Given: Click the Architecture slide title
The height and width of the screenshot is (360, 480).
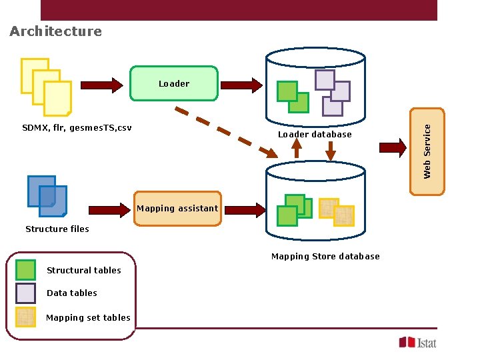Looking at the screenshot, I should (56, 31).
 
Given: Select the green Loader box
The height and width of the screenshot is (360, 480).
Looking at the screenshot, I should (174, 83).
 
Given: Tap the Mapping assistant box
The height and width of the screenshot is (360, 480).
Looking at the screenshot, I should (177, 209).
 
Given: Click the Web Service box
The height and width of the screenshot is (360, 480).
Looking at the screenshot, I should (427, 151).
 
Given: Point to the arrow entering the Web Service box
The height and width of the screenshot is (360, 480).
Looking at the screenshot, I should (393, 147).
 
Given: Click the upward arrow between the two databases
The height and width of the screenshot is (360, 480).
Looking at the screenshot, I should (297, 150).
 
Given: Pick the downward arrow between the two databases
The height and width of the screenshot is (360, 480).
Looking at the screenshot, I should (331, 151).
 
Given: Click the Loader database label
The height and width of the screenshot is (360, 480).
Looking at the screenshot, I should (315, 135).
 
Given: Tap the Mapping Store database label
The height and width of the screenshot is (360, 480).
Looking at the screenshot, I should (325, 257).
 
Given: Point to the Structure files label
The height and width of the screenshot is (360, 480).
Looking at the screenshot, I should (57, 229).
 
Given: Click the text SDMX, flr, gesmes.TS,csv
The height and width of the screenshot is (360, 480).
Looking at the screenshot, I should (77, 128).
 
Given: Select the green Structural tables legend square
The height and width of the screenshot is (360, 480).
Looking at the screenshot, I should (25, 269).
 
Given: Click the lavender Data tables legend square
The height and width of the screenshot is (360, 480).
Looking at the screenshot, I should (25, 293).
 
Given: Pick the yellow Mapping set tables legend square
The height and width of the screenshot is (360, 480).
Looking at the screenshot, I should (25, 317).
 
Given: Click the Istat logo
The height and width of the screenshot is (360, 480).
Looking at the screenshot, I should (418, 343).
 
